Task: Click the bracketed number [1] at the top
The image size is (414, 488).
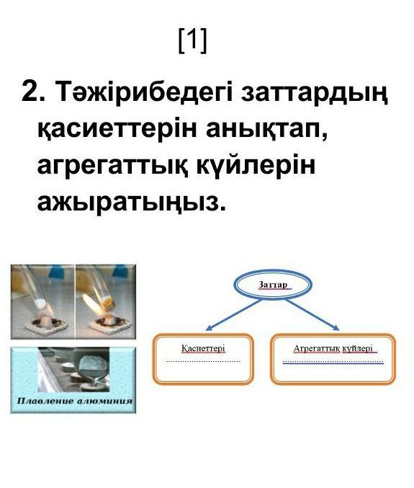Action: [x=192, y=40]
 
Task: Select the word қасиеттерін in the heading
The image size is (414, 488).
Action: [x=117, y=129]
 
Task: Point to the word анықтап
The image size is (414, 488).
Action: [x=266, y=129]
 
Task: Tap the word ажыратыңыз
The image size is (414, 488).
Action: [x=131, y=203]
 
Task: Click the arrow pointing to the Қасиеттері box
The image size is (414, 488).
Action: [x=233, y=315]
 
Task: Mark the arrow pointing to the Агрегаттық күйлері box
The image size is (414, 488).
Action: [x=312, y=315]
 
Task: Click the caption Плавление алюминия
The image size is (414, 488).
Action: [x=75, y=401]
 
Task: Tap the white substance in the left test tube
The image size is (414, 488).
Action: [x=40, y=303]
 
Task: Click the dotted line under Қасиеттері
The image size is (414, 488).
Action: [x=203, y=361]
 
